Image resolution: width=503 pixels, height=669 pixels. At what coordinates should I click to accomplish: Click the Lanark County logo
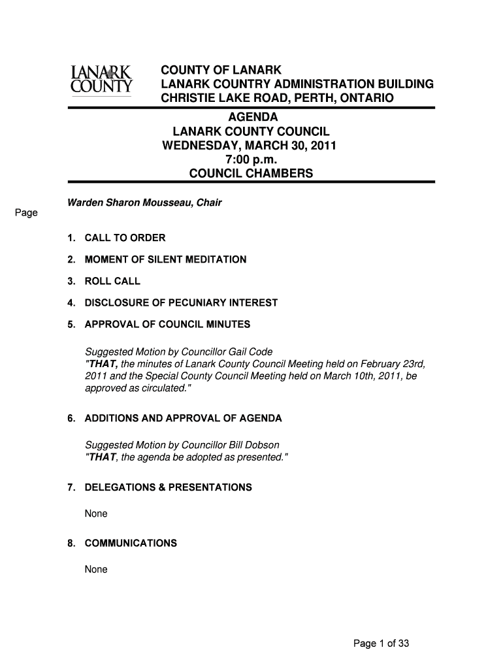click(x=101, y=80)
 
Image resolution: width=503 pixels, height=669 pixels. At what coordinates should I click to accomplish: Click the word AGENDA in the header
click(x=252, y=117)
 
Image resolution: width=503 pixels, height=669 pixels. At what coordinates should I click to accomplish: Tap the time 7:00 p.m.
click(x=251, y=159)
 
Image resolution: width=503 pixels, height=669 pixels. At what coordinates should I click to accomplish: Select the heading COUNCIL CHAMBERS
click(x=251, y=174)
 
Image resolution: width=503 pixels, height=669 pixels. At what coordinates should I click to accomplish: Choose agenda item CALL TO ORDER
click(x=125, y=238)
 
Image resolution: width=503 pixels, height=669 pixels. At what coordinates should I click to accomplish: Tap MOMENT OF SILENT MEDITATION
click(x=165, y=260)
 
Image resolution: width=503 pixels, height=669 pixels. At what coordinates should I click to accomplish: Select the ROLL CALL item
click(x=112, y=282)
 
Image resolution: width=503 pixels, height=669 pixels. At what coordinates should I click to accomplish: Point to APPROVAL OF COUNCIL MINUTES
click(x=167, y=325)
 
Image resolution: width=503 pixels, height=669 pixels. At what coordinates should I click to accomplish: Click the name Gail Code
click(x=250, y=352)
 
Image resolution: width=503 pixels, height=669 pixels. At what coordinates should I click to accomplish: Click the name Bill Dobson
click(x=252, y=446)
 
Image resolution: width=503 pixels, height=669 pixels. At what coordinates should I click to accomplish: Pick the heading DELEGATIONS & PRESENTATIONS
click(x=168, y=488)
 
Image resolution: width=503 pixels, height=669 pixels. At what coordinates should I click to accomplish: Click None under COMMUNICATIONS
click(x=96, y=570)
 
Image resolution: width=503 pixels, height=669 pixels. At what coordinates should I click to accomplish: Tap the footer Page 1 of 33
click(x=381, y=644)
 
